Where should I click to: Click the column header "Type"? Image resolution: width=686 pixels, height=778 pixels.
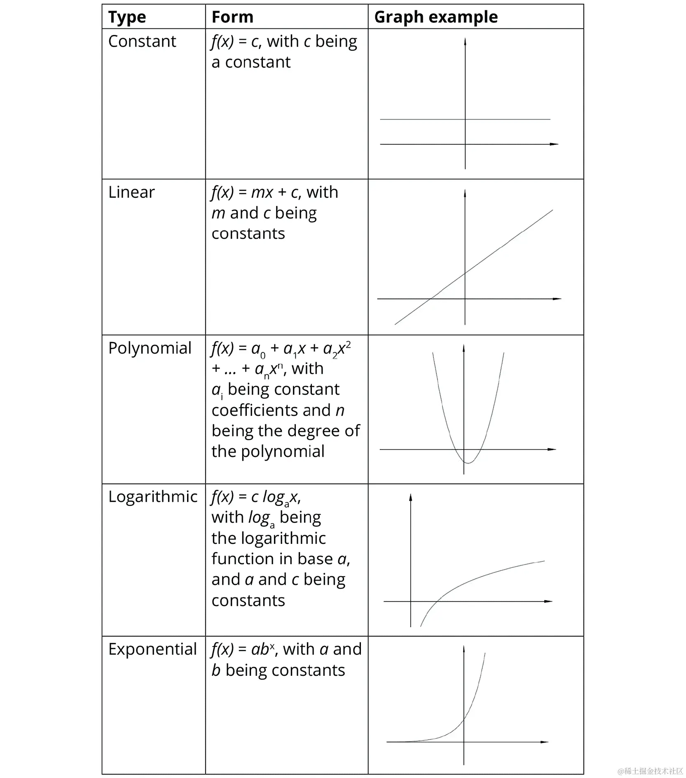pyautogui.click(x=127, y=17)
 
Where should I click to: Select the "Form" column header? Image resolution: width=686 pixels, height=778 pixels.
pyautogui.click(x=232, y=17)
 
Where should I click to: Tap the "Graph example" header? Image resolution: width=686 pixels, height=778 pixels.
pyautogui.click(x=436, y=17)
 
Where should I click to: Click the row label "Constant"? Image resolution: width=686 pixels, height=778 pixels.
pyautogui.click(x=142, y=42)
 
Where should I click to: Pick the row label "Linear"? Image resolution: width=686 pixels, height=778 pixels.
pyautogui.click(x=131, y=192)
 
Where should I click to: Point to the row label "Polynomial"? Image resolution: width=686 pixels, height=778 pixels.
pyautogui.click(x=150, y=348)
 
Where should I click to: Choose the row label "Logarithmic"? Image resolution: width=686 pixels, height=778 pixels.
pyautogui.click(x=153, y=497)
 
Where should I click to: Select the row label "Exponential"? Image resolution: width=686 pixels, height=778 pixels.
pyautogui.click(x=152, y=649)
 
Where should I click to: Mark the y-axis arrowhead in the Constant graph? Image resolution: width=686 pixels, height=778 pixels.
pyautogui.click(x=465, y=41)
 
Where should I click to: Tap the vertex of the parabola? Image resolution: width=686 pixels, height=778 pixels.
pyautogui.click(x=468, y=463)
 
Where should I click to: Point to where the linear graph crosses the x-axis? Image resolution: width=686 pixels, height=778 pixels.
pyautogui.click(x=431, y=299)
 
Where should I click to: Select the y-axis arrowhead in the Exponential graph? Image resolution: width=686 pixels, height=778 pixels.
pyautogui.click(x=464, y=649)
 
